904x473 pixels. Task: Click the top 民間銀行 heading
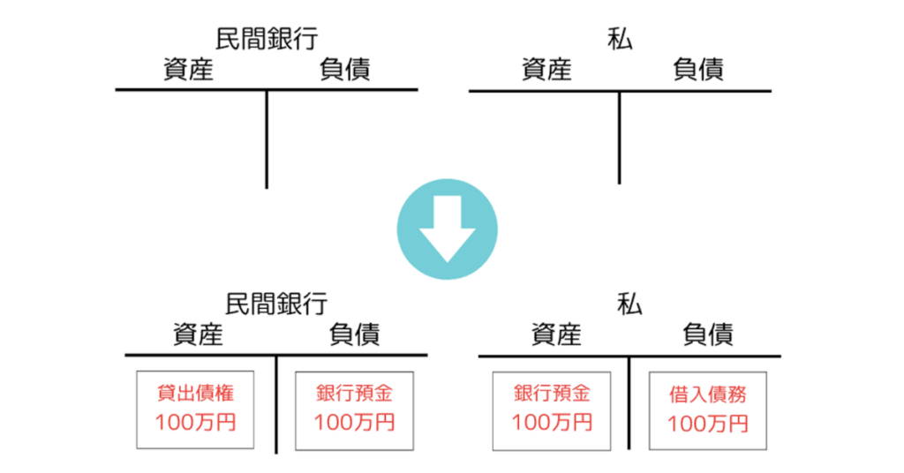tap(266, 38)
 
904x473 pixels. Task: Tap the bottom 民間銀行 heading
tap(275, 304)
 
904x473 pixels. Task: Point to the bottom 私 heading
tap(629, 304)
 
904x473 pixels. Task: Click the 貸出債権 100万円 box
tap(195, 409)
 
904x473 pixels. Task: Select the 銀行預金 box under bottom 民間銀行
tap(354, 409)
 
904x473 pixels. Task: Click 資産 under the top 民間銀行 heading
tap(189, 69)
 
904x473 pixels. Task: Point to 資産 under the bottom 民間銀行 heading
tap(198, 334)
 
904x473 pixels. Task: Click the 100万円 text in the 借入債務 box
tap(708, 424)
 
